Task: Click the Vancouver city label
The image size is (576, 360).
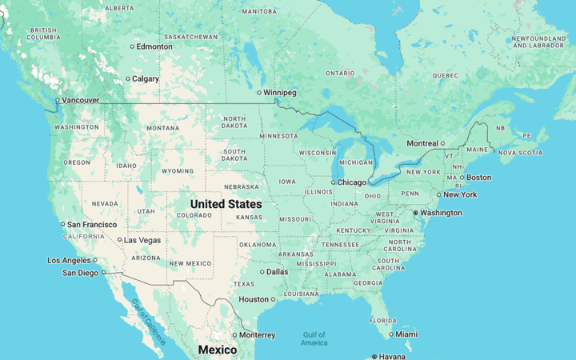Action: point(81,100)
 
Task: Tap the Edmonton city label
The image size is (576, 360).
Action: point(154,46)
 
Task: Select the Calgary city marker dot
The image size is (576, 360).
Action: point(128,78)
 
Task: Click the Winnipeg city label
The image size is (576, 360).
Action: point(280,93)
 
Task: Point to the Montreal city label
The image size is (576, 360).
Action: point(422,143)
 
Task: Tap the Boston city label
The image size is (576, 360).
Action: point(478,178)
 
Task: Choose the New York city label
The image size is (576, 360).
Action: point(460,194)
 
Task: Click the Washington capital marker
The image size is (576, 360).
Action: point(415,213)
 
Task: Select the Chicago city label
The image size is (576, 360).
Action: point(352,182)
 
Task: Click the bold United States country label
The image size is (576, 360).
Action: point(226,204)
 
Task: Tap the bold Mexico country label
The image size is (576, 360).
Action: point(218,350)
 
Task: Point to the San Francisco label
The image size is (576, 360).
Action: point(92,225)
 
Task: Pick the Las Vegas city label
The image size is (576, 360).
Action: point(142,240)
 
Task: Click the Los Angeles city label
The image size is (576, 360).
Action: point(69,260)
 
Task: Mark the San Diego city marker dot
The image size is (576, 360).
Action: point(104,273)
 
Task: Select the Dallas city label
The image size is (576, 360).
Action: point(277,272)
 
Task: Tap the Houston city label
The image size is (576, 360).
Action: point(254,300)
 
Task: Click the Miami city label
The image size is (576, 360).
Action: point(406,334)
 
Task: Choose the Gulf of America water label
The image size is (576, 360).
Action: point(314,338)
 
